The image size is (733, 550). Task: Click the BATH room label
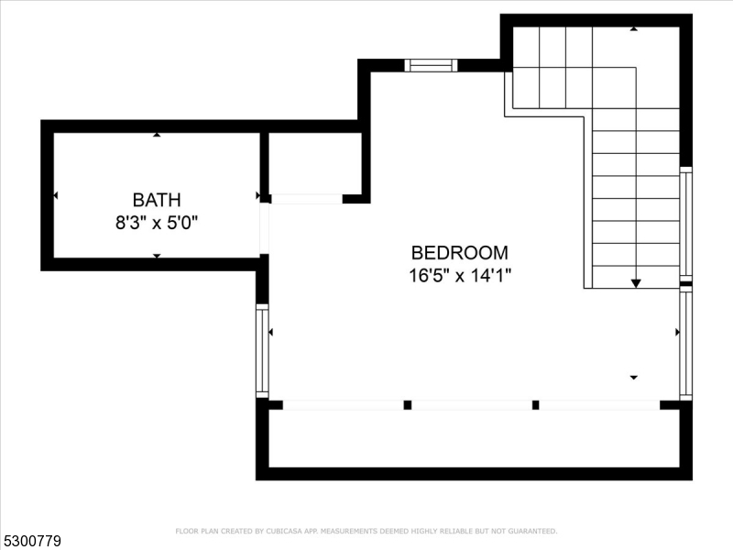[157, 199]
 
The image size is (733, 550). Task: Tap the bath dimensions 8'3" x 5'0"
[157, 222]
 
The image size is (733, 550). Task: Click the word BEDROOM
[459, 253]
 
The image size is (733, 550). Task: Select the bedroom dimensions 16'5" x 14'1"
[459, 276]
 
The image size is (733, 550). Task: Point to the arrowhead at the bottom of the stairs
[636, 283]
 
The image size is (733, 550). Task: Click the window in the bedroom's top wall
[431, 65]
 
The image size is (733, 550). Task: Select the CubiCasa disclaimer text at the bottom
[366, 531]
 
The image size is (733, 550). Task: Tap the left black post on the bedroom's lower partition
[408, 404]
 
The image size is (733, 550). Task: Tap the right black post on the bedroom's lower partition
[535, 404]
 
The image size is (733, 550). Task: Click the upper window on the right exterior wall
[685, 225]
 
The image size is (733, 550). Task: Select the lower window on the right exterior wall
[685, 344]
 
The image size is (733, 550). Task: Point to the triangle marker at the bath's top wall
[157, 135]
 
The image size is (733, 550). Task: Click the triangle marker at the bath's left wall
[56, 195]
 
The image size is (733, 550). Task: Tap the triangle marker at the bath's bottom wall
[157, 256]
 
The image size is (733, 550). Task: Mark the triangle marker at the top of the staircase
[633, 29]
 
